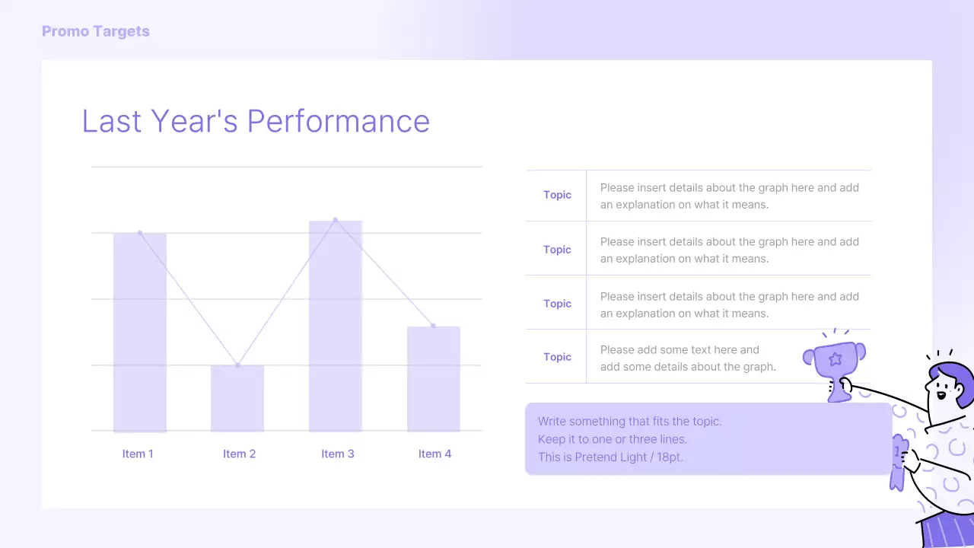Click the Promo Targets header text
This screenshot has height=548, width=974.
95,31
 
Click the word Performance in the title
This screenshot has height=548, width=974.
338,121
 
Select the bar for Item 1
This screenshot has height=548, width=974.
140,332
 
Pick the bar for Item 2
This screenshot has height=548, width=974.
237,398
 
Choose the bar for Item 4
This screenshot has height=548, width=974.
434,378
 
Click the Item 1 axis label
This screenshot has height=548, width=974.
138,454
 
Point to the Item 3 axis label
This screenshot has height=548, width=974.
337,454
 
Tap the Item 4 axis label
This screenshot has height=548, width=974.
434,454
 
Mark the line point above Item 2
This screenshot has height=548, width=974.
237,365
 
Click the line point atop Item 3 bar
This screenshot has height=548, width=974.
336,220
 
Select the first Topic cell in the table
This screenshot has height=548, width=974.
557,195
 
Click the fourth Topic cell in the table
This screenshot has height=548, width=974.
557,357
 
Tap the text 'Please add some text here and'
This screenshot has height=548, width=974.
680,350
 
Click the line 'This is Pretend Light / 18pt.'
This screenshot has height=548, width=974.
610,457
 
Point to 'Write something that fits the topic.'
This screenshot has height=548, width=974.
629,421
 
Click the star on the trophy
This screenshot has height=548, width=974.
835,358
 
